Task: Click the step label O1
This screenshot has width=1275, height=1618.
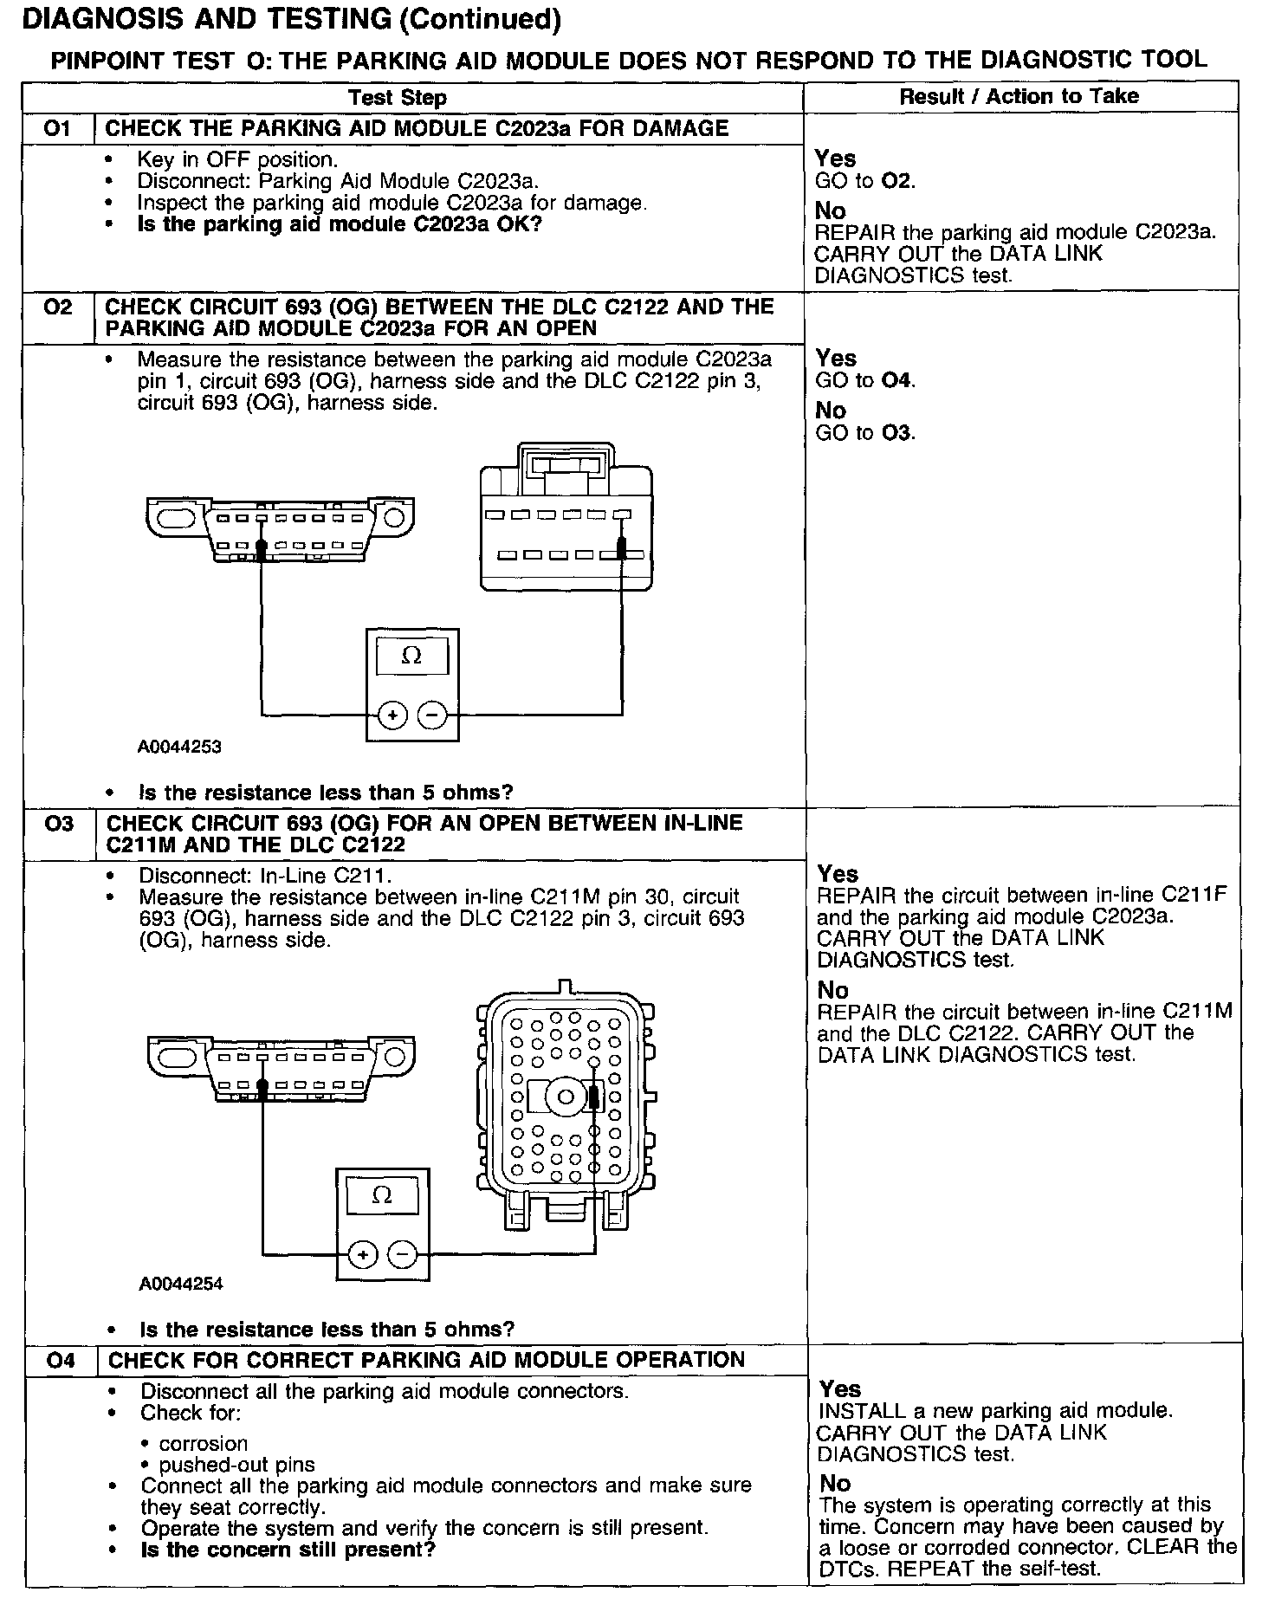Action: click(57, 129)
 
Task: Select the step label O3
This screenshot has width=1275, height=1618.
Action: click(60, 824)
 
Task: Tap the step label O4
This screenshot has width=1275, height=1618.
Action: click(61, 1361)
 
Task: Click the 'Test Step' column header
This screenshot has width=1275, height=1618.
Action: click(398, 98)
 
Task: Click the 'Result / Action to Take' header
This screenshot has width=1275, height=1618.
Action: click(1019, 96)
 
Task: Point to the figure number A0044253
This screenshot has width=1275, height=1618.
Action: click(179, 747)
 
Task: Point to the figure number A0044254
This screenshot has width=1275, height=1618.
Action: click(181, 1284)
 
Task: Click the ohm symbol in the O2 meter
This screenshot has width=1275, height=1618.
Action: click(412, 657)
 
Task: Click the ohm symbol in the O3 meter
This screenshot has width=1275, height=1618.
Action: click(381, 1195)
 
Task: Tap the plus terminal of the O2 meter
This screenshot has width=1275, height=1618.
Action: click(392, 715)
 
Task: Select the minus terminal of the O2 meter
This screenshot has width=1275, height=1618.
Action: click(433, 715)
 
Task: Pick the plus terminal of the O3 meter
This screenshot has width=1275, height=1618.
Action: click(362, 1254)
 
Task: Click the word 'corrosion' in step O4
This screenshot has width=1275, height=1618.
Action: click(203, 1444)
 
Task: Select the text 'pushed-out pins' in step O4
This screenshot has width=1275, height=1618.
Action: click(236, 1466)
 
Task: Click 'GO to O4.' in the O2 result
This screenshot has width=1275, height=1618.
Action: click(865, 380)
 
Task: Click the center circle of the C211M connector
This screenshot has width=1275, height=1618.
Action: click(566, 1097)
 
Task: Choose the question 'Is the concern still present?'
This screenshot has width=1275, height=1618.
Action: click(288, 1549)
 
